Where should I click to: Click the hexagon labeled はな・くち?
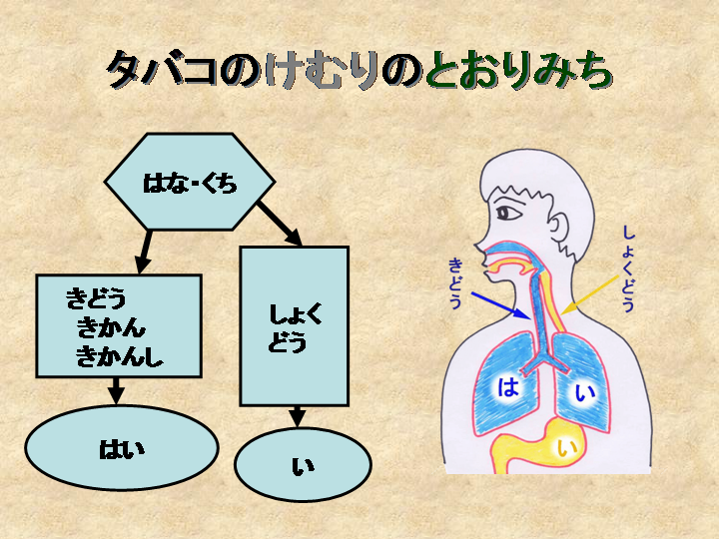click(190, 183)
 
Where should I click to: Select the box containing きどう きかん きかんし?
click(119, 326)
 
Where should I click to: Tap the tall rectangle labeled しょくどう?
click(295, 326)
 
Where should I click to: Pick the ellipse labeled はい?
click(121, 449)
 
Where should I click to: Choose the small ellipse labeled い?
click(303, 464)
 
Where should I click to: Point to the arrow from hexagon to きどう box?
click(146, 250)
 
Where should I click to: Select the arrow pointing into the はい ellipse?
click(117, 390)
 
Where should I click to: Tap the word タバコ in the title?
click(160, 71)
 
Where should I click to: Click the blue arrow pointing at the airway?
click(499, 302)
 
